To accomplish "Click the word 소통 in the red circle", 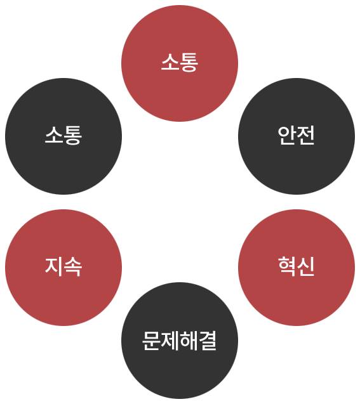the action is tap(180, 62).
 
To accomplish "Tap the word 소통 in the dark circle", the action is tap(63, 135).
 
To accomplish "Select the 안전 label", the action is tap(296, 135).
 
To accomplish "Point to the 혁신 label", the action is tap(296, 266).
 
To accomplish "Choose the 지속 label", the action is tap(63, 266).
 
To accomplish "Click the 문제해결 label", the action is tap(180, 341).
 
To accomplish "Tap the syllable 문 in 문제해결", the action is tap(151, 341).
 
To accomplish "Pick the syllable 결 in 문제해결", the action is tap(208, 341).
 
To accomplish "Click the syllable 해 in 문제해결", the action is tap(189, 341).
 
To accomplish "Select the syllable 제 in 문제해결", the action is tap(170, 341).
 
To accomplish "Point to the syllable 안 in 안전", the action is tap(287, 135).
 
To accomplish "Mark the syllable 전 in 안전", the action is tap(305, 135).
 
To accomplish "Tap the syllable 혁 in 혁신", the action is tap(287, 266).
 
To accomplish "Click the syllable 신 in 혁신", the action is tap(305, 266).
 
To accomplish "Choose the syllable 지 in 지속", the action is tap(54, 266).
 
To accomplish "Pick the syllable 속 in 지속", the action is tap(73, 266).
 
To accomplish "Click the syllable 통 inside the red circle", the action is tap(189, 62).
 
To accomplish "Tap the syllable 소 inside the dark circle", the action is tap(54, 135).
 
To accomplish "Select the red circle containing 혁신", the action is tap(297, 268).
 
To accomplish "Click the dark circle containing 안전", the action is tap(297, 136).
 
